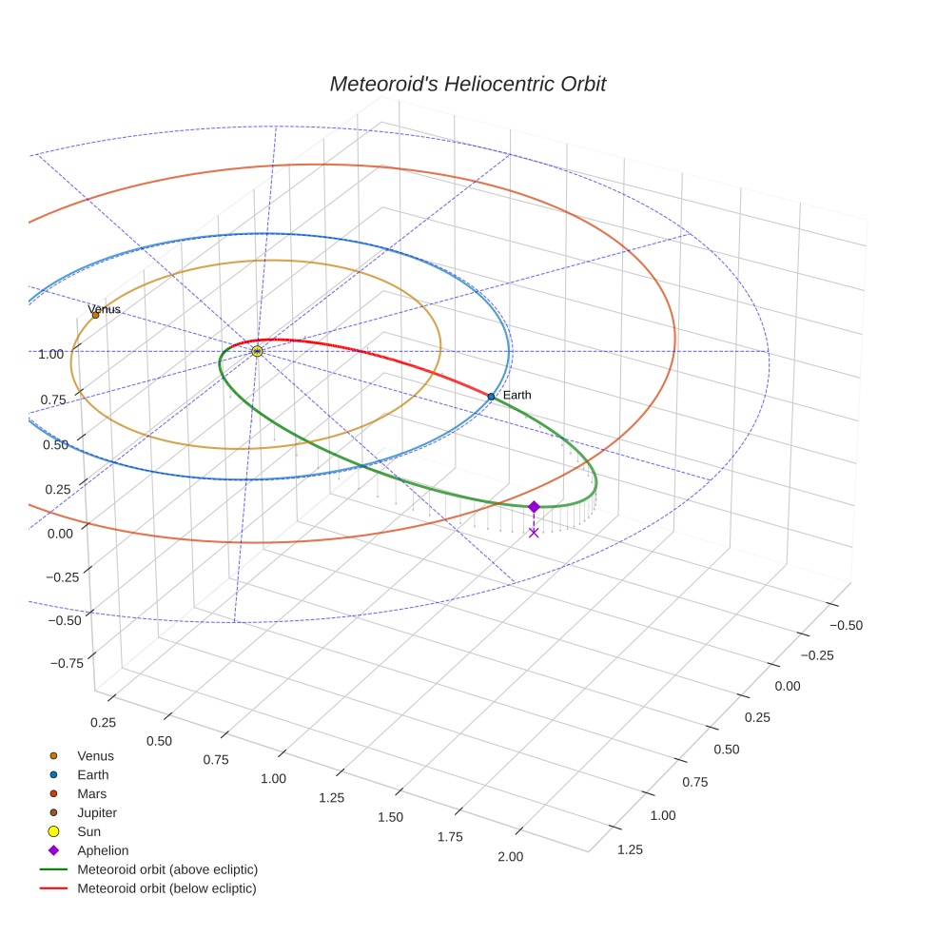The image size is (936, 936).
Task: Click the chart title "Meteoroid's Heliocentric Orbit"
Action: pos(467,84)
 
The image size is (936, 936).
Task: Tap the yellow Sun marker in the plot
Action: pos(257,351)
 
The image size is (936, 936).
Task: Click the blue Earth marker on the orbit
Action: pos(491,396)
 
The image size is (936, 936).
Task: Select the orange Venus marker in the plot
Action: pos(95,315)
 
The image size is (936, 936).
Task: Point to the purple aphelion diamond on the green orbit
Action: pos(534,507)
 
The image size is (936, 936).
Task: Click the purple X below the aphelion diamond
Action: pos(534,533)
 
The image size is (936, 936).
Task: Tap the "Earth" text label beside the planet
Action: pos(517,395)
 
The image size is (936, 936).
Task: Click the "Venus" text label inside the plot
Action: pos(105,309)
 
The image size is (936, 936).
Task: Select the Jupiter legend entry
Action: pos(97,812)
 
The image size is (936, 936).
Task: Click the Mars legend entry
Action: pos(91,793)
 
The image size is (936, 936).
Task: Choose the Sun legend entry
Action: pos(88,831)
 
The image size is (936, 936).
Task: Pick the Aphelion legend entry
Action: pos(103,850)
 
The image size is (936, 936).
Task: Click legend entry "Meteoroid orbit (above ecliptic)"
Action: pos(167,869)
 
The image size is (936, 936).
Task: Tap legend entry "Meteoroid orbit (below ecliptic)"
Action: pos(166,888)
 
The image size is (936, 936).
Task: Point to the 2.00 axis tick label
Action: pos(511,856)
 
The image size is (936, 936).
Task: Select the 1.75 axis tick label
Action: pos(450,836)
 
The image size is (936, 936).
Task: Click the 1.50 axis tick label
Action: pos(390,817)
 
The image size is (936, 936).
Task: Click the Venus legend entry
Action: pos(95,756)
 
